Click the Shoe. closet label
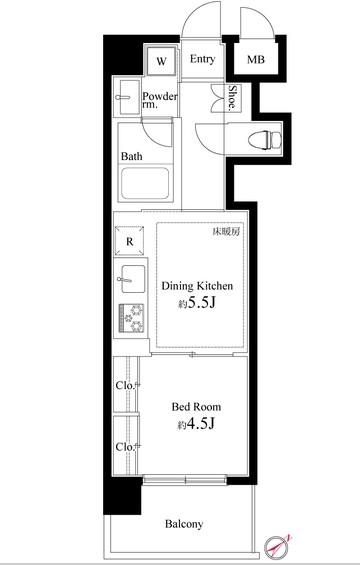pos(231,97)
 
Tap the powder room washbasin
pos(127,97)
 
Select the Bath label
pos(132,157)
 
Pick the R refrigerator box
pos(130,240)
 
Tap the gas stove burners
pos(130,316)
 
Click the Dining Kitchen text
pos(197,286)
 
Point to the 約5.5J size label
pos(196,304)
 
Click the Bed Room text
pos(196,407)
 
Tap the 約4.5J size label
pos(196,425)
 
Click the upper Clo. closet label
pos(125,383)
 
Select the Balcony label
pos(183,524)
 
